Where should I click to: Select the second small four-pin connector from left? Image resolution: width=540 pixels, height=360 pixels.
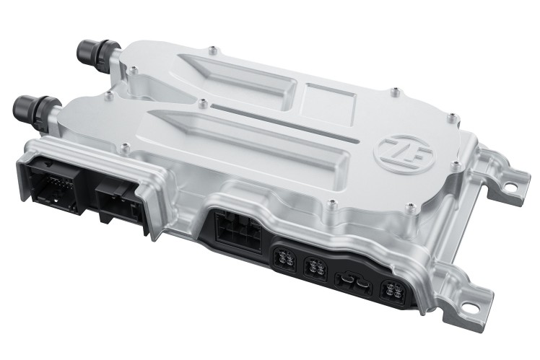coord(315,268)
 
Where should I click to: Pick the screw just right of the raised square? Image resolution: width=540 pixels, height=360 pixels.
coord(394,93)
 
